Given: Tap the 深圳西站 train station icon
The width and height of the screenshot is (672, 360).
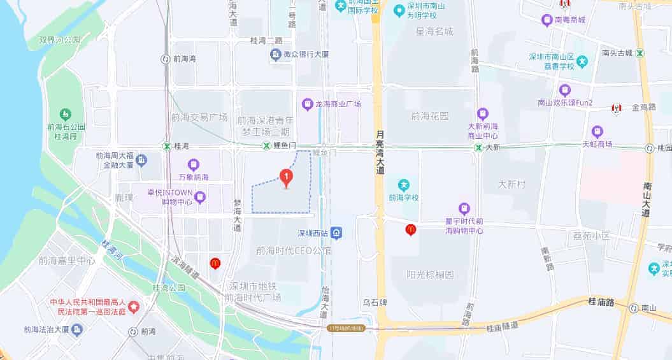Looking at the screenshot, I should point(336,233).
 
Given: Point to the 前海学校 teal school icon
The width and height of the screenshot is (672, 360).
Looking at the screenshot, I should point(403,185).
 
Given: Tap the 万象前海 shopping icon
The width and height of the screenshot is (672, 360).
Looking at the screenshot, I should point(194,164).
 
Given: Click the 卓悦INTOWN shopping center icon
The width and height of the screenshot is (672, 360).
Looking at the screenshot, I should point(200,197).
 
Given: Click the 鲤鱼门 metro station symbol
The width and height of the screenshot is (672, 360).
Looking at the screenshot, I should point(266,147).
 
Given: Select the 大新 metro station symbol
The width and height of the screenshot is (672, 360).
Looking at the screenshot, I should point(478,147).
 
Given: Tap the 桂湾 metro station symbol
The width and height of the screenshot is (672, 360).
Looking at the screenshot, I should point(167,146).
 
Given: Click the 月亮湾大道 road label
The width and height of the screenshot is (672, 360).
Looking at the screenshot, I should point(380,153).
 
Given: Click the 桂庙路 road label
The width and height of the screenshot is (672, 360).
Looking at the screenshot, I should point(601,303).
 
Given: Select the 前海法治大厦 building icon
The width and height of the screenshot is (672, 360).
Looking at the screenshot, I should point(77,329).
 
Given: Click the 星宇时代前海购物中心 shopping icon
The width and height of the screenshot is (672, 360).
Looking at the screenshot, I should point(464,208).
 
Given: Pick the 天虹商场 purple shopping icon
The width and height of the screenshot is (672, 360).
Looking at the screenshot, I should point(597,132).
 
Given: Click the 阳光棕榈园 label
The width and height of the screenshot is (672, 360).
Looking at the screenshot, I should point(431,275).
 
